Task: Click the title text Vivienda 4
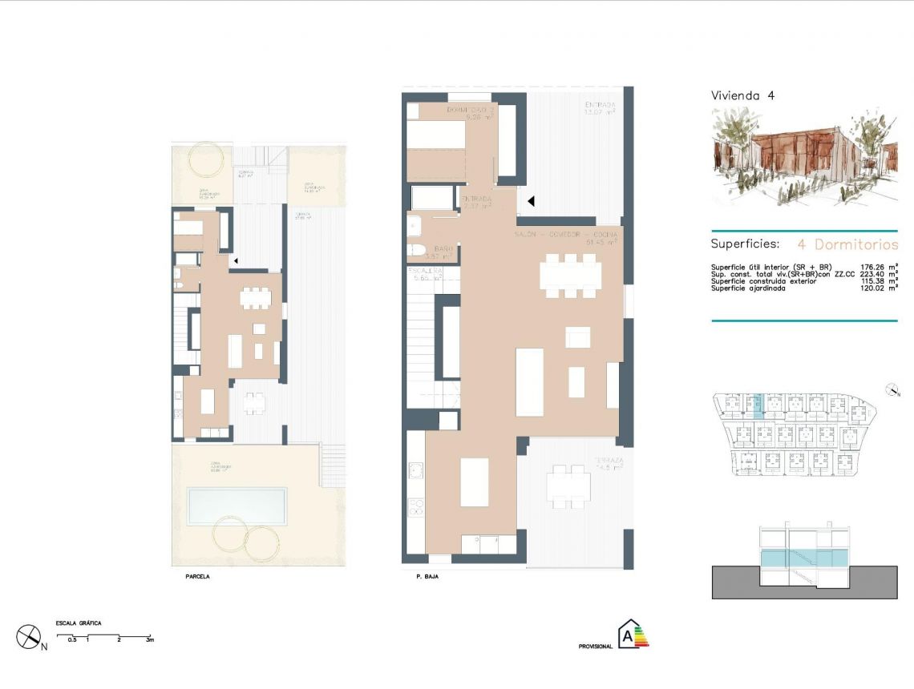742,95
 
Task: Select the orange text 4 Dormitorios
847,244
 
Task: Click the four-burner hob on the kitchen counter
416,506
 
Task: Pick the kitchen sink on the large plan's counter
416,469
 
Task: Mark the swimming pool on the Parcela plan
237,505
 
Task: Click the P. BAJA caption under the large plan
427,576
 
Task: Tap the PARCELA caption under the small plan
196,576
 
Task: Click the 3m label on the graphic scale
149,640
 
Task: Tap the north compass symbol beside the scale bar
30,637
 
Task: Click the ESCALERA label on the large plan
424,272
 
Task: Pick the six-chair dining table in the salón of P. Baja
570,276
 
